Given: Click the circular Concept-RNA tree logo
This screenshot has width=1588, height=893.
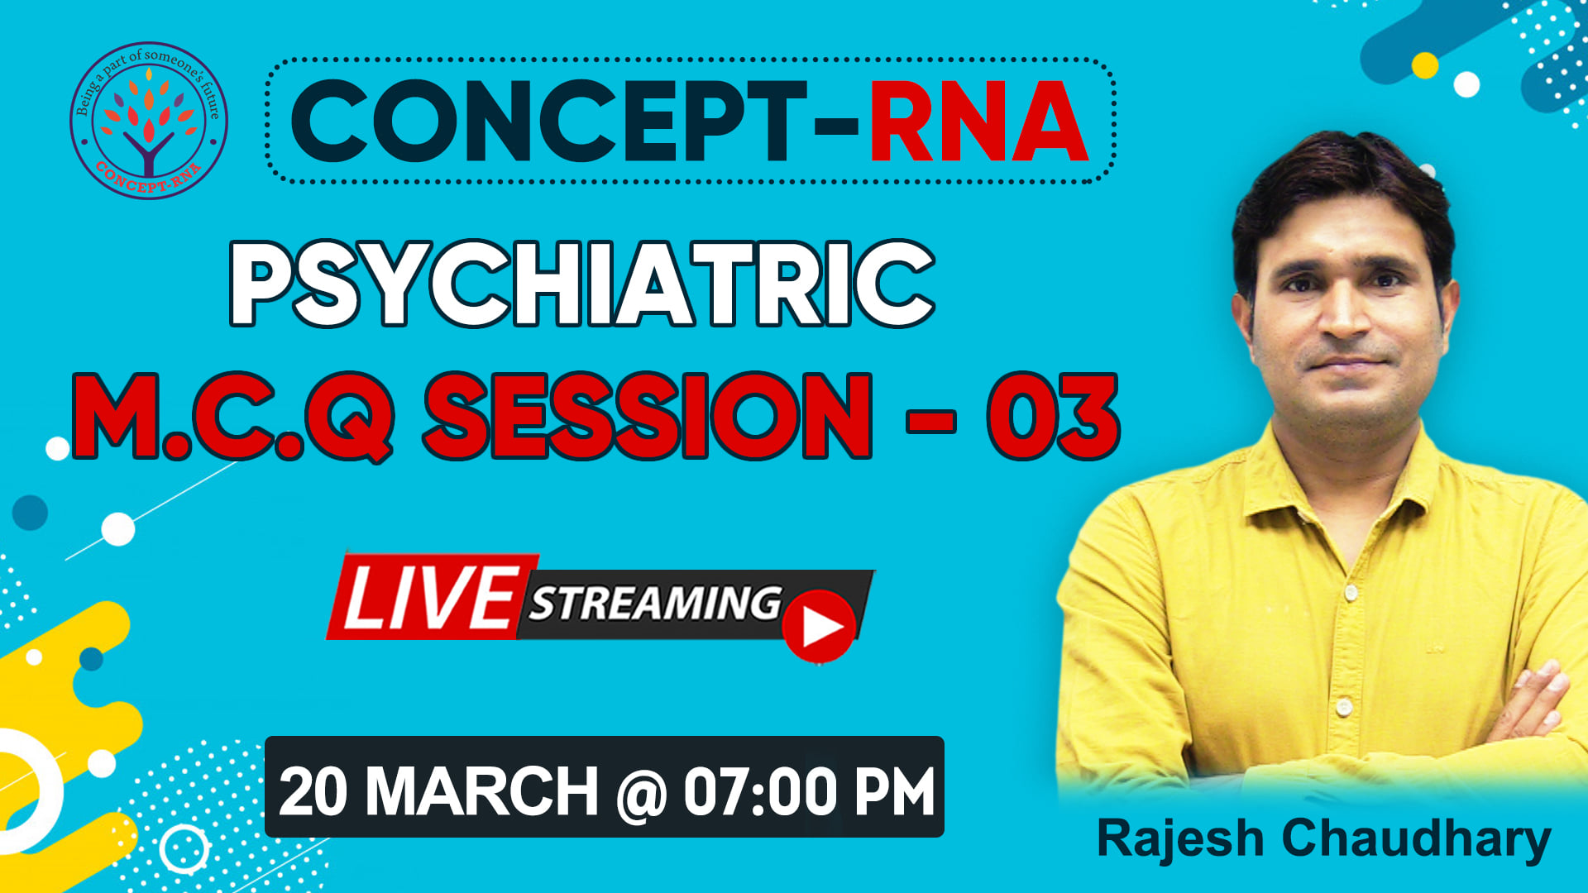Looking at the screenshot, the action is [149, 121].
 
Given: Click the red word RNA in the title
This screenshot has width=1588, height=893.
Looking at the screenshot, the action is [978, 122].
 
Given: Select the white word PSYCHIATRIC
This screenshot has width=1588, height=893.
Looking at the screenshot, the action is [582, 284].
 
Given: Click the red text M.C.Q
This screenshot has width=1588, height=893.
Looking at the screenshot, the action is [232, 416].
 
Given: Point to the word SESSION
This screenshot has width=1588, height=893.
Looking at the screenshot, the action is [648, 415].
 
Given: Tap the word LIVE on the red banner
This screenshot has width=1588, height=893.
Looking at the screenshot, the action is [429, 597].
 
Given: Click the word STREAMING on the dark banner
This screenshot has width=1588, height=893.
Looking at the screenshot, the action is [655, 602].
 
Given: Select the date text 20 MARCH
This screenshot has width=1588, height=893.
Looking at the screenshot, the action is [438, 791].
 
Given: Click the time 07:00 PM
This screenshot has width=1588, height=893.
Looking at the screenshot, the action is [810, 791].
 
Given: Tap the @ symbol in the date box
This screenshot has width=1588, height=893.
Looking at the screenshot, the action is [641, 793].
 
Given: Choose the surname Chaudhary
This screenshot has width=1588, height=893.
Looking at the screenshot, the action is [1417, 839].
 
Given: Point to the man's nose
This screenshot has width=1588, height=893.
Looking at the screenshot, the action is [1346, 310].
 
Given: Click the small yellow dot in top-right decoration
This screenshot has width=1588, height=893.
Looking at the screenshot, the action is [1424, 65].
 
